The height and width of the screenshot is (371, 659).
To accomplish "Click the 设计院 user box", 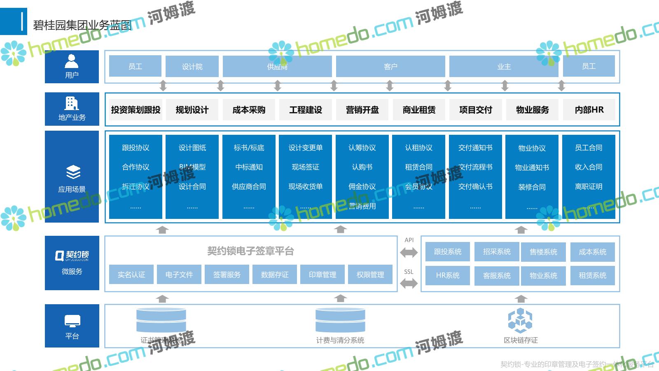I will tap(192, 66).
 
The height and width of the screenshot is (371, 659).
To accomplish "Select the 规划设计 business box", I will tap(192, 110).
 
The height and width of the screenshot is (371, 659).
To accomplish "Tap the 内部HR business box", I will tap(589, 110).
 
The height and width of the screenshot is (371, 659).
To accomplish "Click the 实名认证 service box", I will tap(131, 275).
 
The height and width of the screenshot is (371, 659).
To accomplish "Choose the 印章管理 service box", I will tap(322, 275).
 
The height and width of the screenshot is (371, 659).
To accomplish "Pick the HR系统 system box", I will tap(447, 275).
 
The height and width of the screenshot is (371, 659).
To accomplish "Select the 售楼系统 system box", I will tap(543, 252).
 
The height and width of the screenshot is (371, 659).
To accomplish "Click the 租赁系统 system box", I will tap(592, 275).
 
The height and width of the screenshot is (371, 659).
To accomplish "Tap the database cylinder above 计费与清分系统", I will tap(340, 320).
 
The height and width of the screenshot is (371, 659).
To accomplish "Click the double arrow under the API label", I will tap(409, 252).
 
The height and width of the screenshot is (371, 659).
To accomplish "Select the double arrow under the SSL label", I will tap(409, 283).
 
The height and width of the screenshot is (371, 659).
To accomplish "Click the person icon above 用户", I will tap(72, 61).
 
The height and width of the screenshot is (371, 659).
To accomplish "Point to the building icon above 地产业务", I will tap(72, 103).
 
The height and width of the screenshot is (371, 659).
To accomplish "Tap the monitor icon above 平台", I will tap(72, 321).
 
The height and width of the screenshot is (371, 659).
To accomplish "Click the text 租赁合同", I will tap(418, 167).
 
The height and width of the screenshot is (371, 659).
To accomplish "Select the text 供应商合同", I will tap(249, 186).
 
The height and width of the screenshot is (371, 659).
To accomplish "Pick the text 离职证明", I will tap(589, 186).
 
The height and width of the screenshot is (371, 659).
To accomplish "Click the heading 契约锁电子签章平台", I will tap(250, 251).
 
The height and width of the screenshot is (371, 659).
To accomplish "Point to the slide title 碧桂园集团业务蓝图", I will tap(82, 25).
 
